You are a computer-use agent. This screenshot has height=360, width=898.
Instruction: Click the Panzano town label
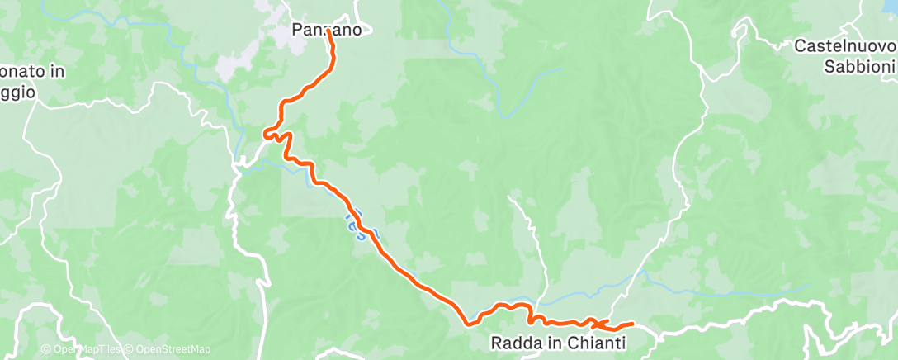[326, 31]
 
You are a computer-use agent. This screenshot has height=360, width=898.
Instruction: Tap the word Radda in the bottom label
[512, 341]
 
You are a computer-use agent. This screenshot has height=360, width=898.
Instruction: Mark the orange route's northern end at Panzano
[329, 31]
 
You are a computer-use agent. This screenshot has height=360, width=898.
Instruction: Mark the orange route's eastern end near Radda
[632, 324]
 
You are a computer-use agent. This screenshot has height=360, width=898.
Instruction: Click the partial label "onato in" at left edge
[33, 72]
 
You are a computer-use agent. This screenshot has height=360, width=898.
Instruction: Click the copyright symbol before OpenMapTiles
[46, 349]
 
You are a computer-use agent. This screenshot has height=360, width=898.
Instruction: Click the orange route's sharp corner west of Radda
[467, 323]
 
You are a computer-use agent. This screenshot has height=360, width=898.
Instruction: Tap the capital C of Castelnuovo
[799, 47]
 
